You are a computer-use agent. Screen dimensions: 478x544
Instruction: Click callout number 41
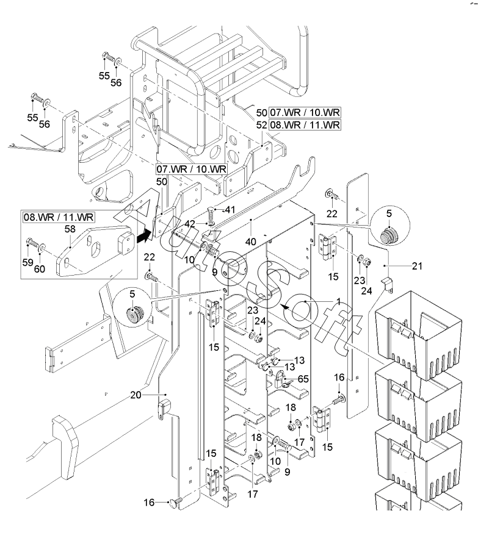click(x=230, y=210)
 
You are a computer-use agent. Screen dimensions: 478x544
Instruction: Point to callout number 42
click(x=190, y=224)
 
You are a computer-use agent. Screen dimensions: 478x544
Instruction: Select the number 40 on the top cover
click(x=250, y=242)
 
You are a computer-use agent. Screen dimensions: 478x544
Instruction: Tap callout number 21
click(x=417, y=266)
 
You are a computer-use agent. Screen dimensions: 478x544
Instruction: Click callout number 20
click(x=136, y=395)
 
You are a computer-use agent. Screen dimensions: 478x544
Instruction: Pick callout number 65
click(x=303, y=379)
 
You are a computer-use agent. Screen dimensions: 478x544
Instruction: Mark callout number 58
click(x=70, y=229)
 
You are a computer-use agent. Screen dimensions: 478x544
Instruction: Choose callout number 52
click(x=261, y=125)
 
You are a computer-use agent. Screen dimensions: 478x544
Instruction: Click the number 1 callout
click(x=338, y=301)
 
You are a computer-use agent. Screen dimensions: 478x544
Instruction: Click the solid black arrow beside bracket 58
click(x=143, y=237)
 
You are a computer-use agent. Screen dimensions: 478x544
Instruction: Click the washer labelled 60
click(x=42, y=247)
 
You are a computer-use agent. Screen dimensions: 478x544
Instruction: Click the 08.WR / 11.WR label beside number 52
click(x=305, y=125)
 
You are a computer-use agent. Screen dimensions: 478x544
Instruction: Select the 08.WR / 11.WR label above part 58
click(x=59, y=218)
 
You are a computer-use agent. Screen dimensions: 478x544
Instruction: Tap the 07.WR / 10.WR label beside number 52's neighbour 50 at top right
click(x=305, y=112)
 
